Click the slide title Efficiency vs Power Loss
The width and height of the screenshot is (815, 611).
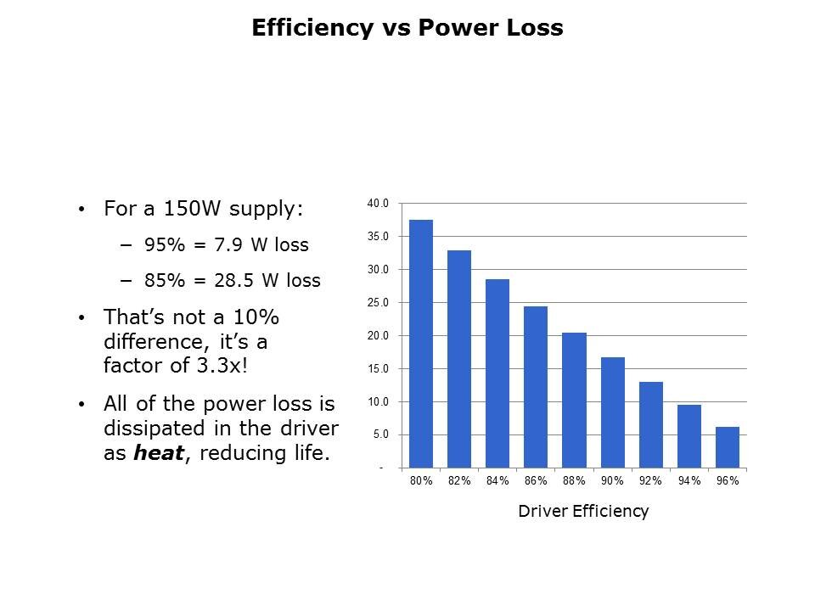(407, 28)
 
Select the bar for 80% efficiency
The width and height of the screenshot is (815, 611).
(421, 344)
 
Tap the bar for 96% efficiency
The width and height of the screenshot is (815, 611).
(728, 447)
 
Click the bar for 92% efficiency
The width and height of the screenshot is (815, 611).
(651, 424)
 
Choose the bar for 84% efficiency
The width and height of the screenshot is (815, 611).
(497, 373)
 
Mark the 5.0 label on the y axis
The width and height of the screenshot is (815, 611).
(379, 434)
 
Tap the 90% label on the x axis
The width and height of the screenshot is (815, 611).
(612, 481)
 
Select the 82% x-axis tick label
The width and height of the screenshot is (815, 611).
(459, 481)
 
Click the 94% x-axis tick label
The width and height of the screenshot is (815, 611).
(689, 481)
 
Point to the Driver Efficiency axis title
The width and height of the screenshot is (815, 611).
(583, 511)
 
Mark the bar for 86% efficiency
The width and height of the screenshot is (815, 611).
(536, 387)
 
